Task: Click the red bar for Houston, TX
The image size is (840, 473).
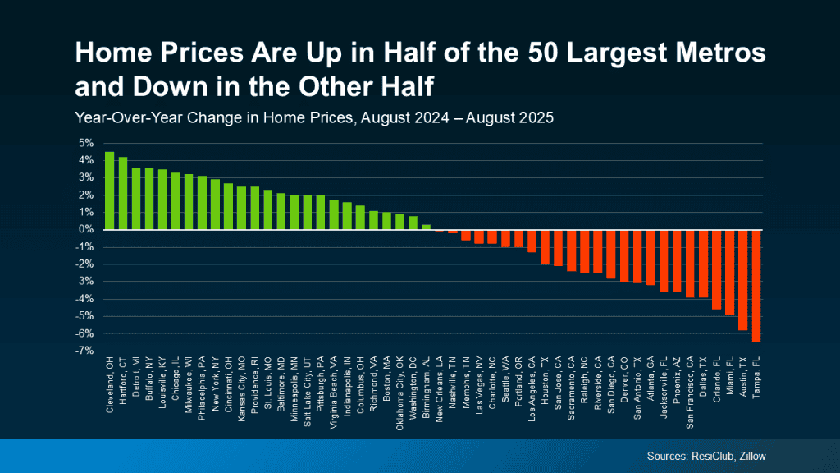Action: [545, 247]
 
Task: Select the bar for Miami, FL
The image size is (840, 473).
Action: [729, 272]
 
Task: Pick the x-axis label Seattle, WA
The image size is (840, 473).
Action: [506, 386]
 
